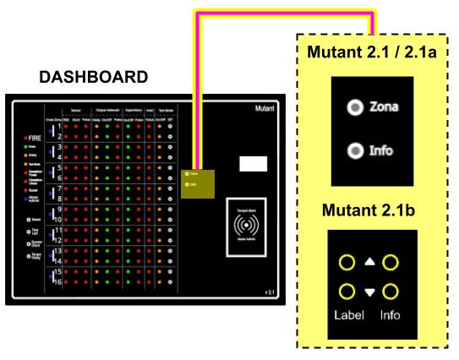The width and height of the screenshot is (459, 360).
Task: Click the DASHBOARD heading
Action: [94, 77]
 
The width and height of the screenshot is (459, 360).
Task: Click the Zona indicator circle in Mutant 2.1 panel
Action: [356, 107]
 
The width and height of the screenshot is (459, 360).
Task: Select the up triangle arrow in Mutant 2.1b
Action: [369, 263]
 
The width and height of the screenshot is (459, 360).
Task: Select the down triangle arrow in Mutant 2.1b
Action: [369, 292]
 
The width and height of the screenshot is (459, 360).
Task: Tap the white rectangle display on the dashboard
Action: [253, 164]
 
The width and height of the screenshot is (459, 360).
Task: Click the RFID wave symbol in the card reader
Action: [246, 226]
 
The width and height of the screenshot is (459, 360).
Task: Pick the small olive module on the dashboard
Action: [197, 183]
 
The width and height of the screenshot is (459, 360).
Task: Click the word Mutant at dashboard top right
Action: [265, 109]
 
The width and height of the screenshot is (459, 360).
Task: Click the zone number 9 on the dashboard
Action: [60, 209]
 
